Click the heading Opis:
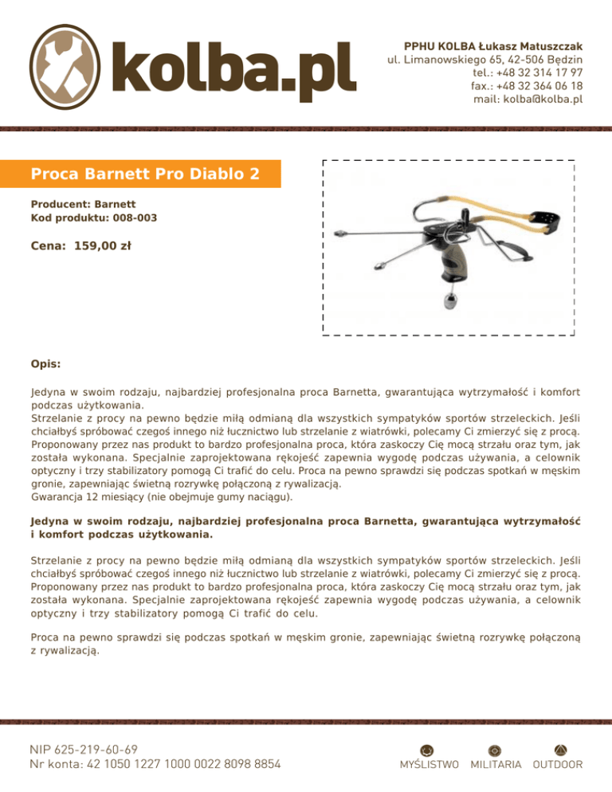tap(45, 363)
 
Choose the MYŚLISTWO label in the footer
tap(428, 765)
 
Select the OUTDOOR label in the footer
tap(558, 765)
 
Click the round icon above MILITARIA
tap(495, 749)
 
